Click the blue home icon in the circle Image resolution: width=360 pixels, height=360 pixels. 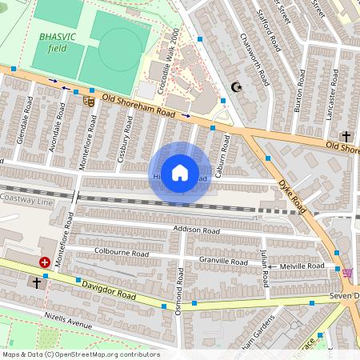tap(180, 173)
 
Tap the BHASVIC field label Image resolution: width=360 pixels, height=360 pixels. tap(53, 42)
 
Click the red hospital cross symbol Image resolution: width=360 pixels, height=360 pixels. tap(45, 262)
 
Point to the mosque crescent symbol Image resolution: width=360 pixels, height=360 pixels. tap(235, 86)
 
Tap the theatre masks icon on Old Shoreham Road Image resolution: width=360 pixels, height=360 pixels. tap(88, 100)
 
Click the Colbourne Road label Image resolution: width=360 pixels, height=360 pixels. tap(122, 253)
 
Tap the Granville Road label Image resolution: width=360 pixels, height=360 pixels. tap(223, 261)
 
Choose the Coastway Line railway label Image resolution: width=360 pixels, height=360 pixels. tap(24, 197)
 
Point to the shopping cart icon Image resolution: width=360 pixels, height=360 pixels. tap(347, 273)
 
